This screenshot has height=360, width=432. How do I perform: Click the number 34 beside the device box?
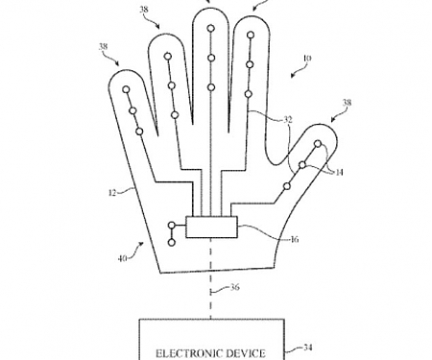[308, 348]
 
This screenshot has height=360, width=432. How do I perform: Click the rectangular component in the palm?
[211, 228]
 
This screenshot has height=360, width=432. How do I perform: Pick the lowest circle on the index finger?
[249, 93]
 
